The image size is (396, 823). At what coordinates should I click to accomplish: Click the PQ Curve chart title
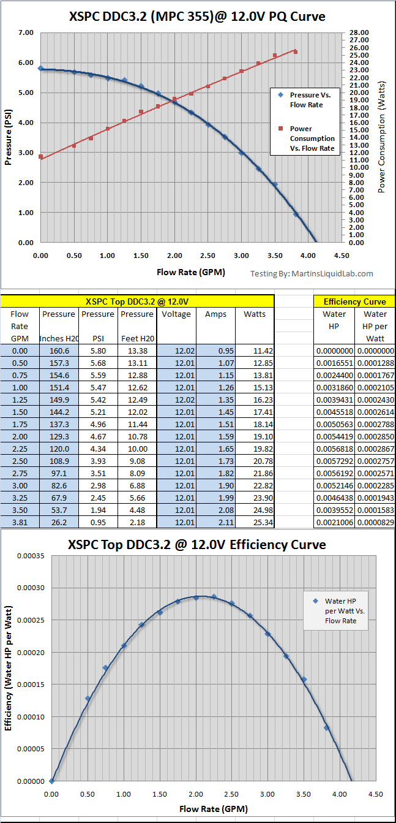(198, 17)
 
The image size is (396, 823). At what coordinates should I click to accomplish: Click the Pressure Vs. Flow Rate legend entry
(304, 100)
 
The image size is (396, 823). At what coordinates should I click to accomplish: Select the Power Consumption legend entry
(304, 138)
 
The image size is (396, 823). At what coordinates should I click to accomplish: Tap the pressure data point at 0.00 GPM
(40, 69)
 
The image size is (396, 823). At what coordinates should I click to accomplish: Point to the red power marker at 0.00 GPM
(40, 157)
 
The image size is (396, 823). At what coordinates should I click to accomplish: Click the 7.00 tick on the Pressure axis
(24, 32)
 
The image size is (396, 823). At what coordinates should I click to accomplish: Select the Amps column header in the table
(215, 314)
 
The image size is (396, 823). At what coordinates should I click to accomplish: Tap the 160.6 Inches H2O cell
(59, 351)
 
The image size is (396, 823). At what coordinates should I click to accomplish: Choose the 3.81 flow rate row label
(20, 522)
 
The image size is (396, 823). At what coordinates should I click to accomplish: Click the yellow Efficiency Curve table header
(354, 302)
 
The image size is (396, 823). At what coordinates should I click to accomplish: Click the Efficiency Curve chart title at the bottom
(197, 545)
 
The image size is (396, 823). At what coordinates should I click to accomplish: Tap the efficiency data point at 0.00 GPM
(52, 781)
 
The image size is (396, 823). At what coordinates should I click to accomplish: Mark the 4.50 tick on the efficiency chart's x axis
(376, 794)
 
